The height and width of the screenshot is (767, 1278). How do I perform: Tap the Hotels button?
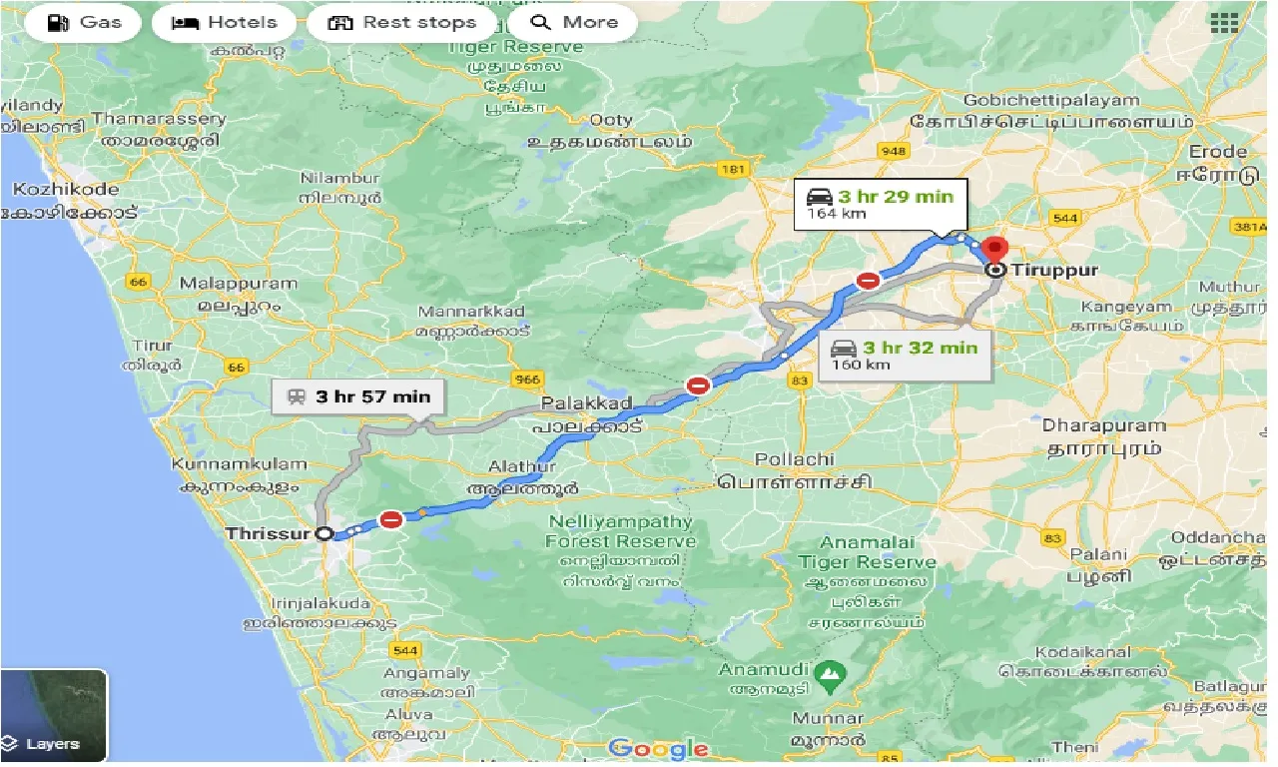(224, 23)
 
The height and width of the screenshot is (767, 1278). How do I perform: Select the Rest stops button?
(401, 23)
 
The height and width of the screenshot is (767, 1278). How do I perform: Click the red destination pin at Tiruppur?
(994, 250)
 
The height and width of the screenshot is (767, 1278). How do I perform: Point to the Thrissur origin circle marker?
(323, 534)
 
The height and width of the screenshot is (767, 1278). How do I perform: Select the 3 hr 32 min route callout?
(905, 355)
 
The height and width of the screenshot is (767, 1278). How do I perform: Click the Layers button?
(54, 716)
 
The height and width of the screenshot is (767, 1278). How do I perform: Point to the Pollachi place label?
(794, 459)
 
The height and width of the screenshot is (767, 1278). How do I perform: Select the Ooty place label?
(610, 120)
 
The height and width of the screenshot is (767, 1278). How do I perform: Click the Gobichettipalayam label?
(1050, 100)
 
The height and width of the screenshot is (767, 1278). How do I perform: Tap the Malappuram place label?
(238, 284)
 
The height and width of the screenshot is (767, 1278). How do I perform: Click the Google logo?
(659, 748)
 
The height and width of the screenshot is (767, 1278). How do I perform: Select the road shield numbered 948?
(893, 151)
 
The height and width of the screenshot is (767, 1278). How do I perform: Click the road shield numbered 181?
(733, 170)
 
